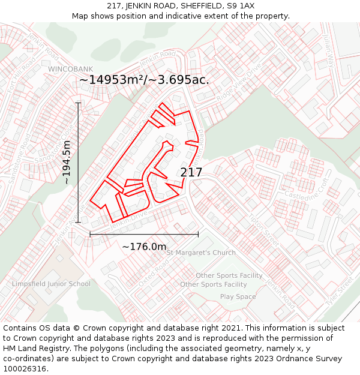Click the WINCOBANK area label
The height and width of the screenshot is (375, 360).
[71, 69]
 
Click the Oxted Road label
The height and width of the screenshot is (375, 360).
[151, 273]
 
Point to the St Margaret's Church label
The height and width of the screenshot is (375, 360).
[201, 253]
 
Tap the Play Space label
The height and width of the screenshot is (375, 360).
[238, 296]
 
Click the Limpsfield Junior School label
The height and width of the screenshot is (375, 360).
[51, 284]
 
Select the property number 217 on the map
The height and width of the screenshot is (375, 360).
[191, 173]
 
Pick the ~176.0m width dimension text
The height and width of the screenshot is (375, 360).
[144, 247]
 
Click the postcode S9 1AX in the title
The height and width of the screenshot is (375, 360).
[241, 6]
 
